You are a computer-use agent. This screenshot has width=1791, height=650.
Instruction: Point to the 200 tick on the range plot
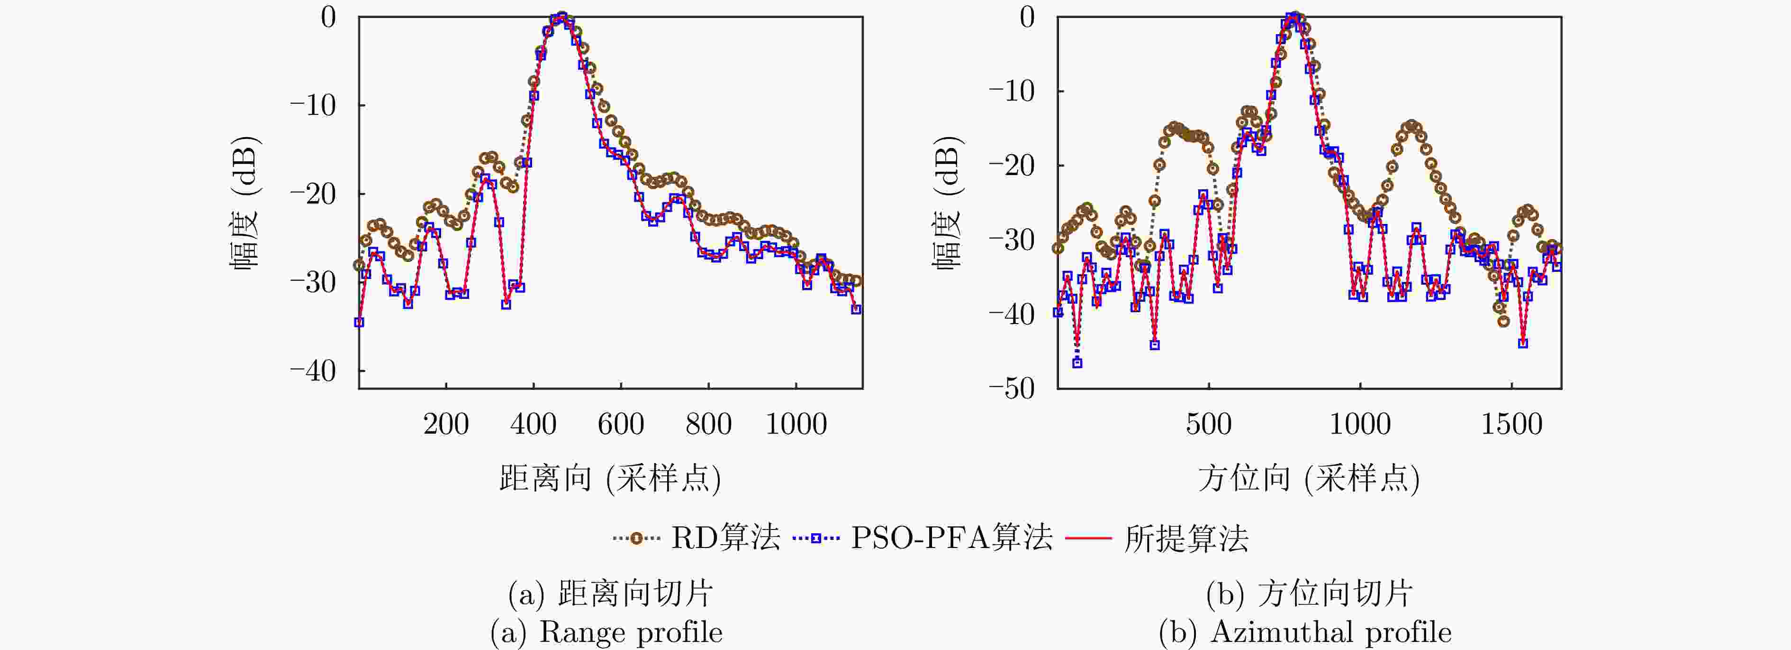click(x=446, y=424)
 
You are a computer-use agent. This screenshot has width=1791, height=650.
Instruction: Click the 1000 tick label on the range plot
click(x=796, y=424)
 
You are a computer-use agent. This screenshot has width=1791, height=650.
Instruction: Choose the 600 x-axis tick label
click(x=621, y=424)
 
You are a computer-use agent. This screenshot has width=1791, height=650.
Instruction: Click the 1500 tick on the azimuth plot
click(x=1511, y=424)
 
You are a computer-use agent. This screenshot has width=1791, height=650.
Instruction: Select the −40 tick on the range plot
click(x=313, y=371)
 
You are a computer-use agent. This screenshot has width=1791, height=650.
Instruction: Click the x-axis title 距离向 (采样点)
click(x=610, y=479)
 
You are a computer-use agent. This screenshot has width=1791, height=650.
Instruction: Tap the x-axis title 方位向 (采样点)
click(x=1309, y=479)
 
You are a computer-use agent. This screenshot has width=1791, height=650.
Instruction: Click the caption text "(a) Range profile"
click(x=606, y=632)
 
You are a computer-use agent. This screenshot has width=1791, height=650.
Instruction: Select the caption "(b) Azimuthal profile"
click(x=1305, y=632)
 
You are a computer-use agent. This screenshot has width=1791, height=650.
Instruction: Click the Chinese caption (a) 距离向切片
click(x=610, y=594)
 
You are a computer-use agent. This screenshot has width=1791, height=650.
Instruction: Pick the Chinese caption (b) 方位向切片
click(x=1309, y=594)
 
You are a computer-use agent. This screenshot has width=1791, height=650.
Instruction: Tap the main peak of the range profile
click(x=562, y=17)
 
